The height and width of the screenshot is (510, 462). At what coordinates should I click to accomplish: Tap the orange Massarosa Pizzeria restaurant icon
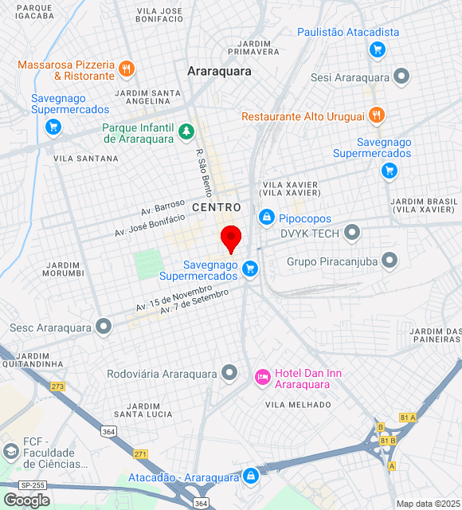[x=126, y=69]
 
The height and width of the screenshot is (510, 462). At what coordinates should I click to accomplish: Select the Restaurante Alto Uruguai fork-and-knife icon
[x=377, y=116]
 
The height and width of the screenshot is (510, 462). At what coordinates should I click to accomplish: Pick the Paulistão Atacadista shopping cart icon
[x=377, y=50]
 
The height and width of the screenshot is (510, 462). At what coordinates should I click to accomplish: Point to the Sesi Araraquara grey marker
[x=401, y=77]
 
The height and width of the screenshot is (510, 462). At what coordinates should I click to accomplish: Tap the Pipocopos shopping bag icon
[x=266, y=216]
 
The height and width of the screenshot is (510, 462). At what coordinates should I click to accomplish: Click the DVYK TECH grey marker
[x=351, y=233]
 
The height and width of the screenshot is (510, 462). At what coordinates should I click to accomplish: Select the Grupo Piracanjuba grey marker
[x=390, y=260]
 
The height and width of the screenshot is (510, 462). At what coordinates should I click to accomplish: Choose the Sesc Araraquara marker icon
[x=103, y=327]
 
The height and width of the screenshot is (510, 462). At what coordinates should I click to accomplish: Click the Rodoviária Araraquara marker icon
[x=229, y=373]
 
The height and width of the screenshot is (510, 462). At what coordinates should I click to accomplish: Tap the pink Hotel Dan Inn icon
[x=262, y=377]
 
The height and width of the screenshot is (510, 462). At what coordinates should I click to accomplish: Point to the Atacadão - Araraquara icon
[x=251, y=477]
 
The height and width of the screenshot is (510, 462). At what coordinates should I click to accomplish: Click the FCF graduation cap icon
[x=10, y=452]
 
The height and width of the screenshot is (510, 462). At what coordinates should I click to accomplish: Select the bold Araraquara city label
[x=219, y=71]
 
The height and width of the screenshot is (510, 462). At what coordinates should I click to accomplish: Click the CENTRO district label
[x=216, y=207]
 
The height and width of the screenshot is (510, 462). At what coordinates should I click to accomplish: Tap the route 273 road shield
[x=57, y=386]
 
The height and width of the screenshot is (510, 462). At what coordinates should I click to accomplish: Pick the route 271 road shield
[x=140, y=453]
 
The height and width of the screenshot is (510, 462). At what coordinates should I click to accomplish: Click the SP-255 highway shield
[x=32, y=484]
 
